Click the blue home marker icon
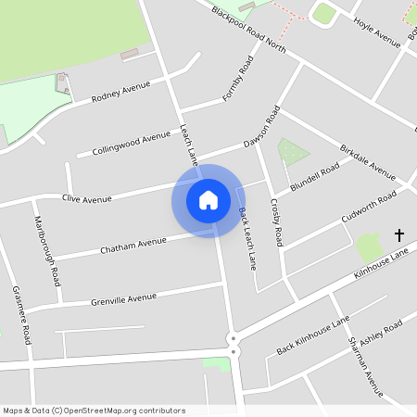click(x=208, y=199)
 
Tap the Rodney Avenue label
click(x=120, y=92)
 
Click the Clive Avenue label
click(x=86, y=198)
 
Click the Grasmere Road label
click(x=19, y=315)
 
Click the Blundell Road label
click(x=315, y=175)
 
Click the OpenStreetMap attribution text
click(x=94, y=410)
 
